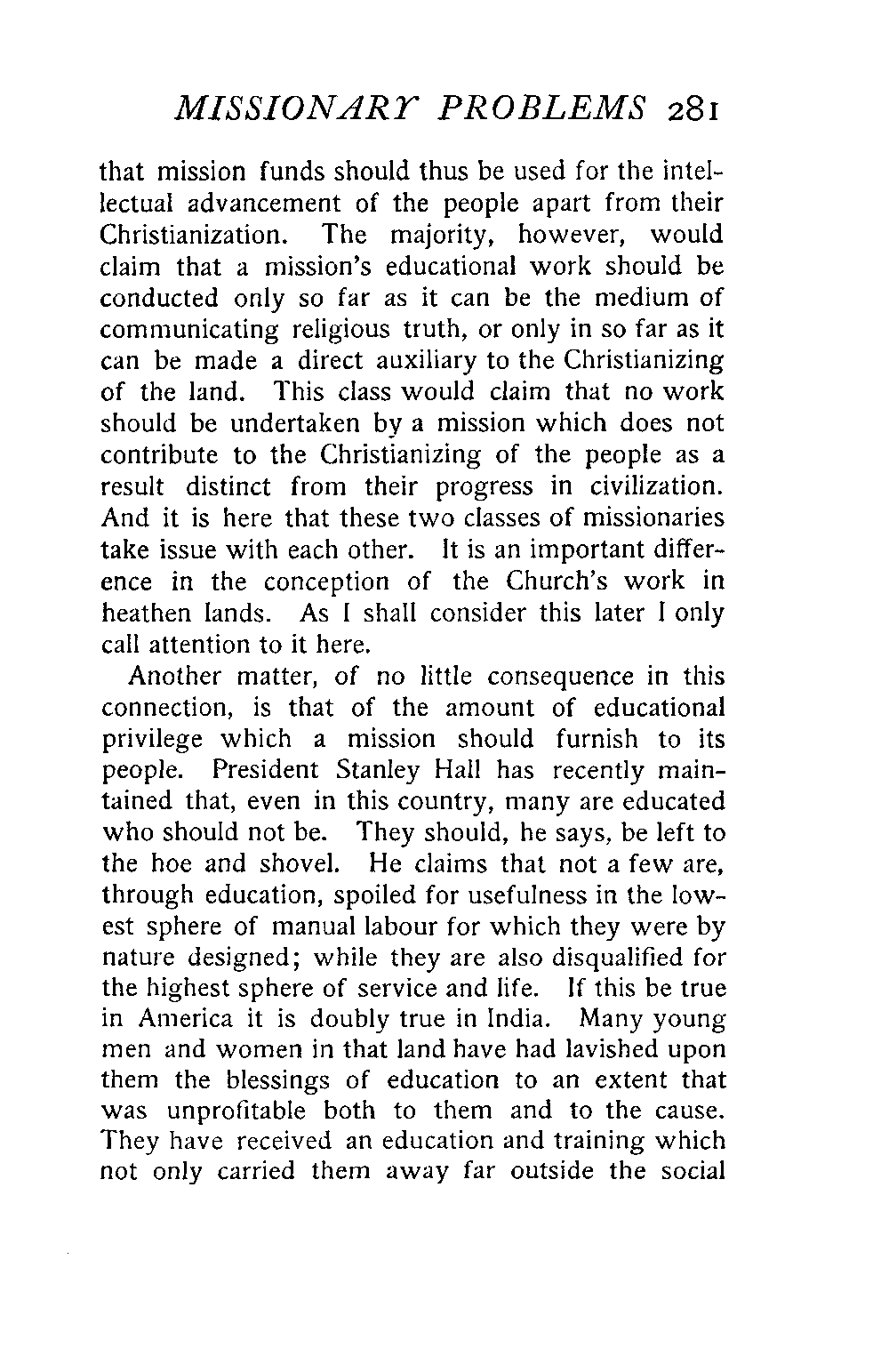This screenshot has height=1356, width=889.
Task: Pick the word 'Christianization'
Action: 200,236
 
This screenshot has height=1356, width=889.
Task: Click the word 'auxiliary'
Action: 456,361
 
